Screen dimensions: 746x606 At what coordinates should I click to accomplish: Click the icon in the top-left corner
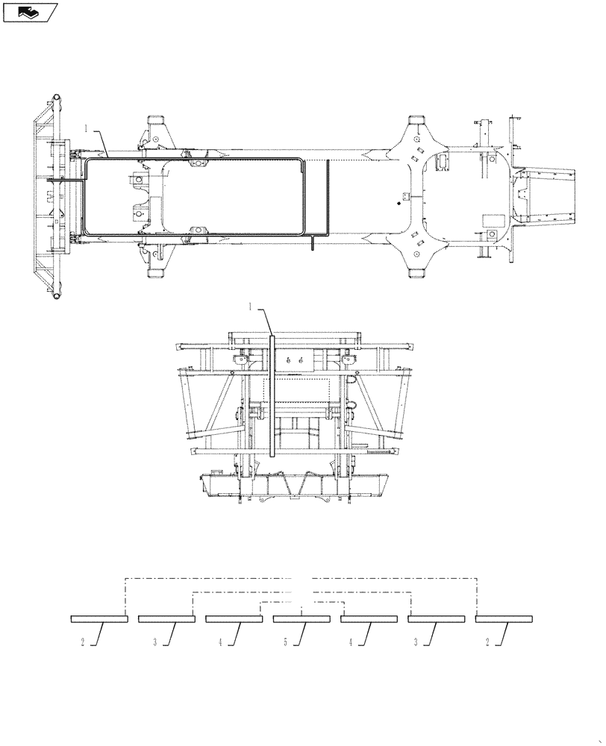coord(29,12)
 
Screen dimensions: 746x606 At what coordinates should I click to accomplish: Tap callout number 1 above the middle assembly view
coord(250,307)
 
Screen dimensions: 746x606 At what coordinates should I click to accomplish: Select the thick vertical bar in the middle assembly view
coord(272,395)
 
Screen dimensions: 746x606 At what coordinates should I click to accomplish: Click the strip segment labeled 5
coord(302,619)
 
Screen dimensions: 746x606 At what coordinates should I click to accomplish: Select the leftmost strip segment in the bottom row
coord(99,619)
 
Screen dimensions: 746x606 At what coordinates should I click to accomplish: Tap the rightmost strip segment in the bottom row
coord(504,619)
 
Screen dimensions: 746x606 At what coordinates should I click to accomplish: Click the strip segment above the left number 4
coord(234,619)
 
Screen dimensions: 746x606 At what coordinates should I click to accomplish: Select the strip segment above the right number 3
coord(437,619)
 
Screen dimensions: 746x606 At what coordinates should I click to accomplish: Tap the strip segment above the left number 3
coord(166,619)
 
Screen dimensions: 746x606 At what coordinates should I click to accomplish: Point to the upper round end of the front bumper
coord(55,99)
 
